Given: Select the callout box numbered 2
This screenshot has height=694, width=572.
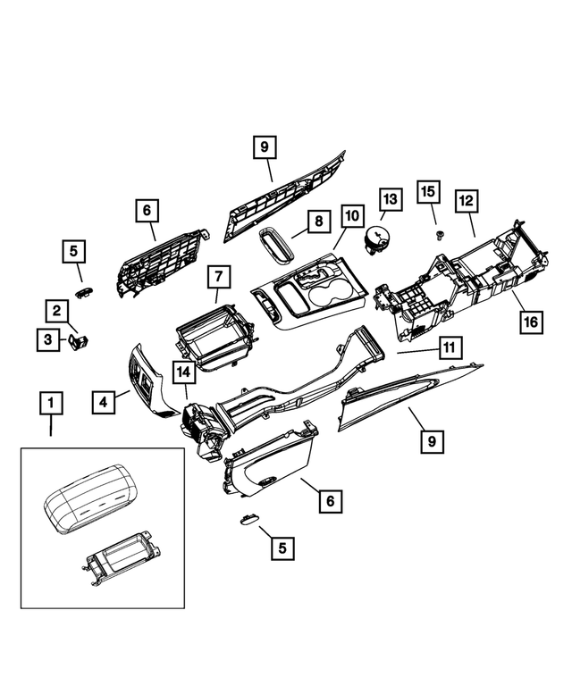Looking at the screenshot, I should coord(56,311).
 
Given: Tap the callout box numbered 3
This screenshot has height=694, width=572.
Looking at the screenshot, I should coord(45,339).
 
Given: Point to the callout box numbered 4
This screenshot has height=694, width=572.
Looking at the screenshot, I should coord(105,403).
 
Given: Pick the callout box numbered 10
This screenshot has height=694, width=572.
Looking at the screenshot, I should coord(351,216).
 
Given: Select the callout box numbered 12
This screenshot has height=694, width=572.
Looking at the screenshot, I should coord(466,202).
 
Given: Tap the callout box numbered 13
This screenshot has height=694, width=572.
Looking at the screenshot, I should coord(390,198).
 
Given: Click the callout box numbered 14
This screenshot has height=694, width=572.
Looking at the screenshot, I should coord(183,372).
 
